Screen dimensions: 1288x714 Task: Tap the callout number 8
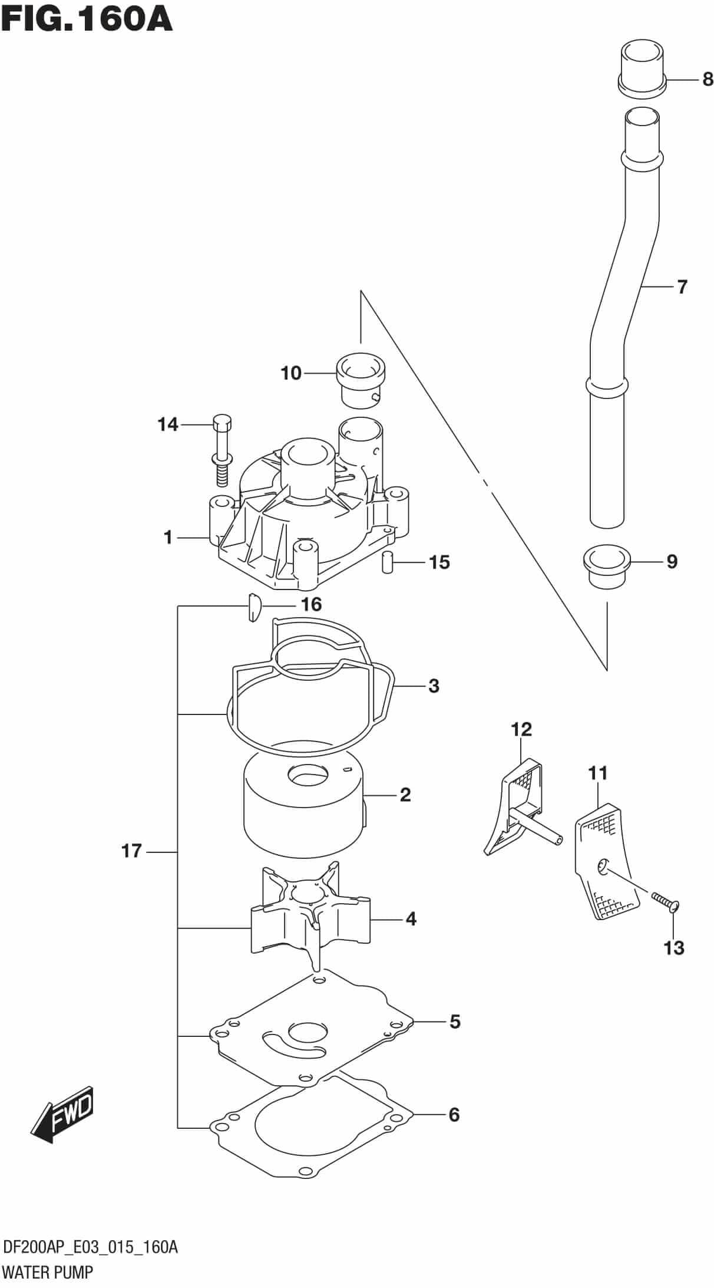pyautogui.click(x=708, y=80)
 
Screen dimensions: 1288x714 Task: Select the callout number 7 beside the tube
pyautogui.click(x=682, y=287)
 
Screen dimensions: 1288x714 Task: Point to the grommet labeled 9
pyautogui.click(x=606, y=566)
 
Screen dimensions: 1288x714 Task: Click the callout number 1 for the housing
pyautogui.click(x=168, y=537)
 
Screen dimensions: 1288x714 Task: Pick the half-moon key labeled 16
pyautogui.click(x=253, y=607)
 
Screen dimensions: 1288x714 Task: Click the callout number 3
pyautogui.click(x=434, y=686)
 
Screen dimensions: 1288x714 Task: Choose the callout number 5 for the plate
pyautogui.click(x=454, y=1022)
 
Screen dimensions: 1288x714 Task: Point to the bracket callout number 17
pyautogui.click(x=132, y=851)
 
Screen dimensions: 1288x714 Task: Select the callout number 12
pyautogui.click(x=521, y=730)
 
